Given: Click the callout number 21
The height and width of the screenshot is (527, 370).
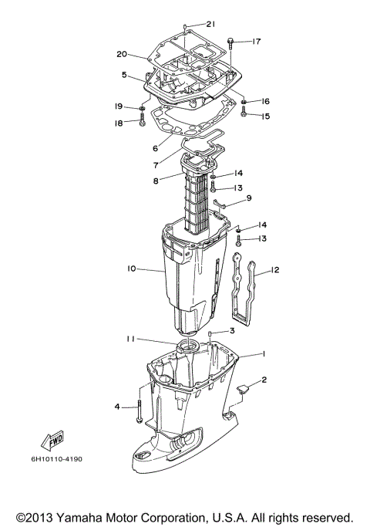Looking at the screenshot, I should [211, 25].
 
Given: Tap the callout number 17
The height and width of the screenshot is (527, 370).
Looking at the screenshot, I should [257, 41].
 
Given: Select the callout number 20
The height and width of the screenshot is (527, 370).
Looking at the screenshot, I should [121, 54].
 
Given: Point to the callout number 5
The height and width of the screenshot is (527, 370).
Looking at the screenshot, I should [124, 75].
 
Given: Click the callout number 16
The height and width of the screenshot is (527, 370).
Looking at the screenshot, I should [265, 101].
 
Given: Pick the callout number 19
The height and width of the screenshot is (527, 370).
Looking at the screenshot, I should [119, 106].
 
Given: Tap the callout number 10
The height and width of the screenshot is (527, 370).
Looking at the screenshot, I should [131, 269].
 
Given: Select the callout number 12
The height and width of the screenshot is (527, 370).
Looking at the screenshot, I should [274, 270].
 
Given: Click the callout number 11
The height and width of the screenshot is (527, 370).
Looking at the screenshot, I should [133, 339].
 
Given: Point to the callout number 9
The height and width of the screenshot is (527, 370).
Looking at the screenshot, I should [249, 198].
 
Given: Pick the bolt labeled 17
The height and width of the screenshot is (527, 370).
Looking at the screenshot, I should [231, 41].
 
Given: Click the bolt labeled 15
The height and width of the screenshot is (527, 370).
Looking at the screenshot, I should [244, 114].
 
